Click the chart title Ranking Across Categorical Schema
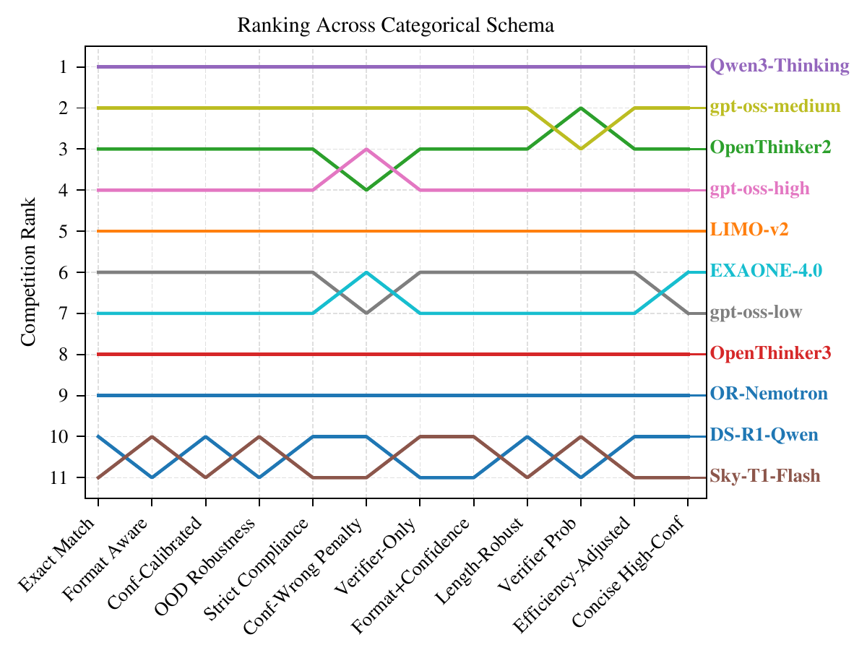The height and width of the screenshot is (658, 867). coord(396,26)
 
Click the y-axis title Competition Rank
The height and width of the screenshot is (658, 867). coord(28,272)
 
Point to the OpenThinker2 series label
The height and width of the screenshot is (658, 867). coord(771,148)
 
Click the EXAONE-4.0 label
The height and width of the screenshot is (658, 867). coord(766,271)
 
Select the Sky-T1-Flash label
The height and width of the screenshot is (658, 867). coord(765,477)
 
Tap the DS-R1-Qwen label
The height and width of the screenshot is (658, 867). coord(764,436)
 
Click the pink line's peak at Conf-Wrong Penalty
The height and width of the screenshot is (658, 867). coord(366,149)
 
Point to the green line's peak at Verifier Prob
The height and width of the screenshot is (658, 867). coord(580,108)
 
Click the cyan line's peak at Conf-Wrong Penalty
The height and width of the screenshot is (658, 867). coord(366,272)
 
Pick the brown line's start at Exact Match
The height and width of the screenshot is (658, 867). coord(98,477)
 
